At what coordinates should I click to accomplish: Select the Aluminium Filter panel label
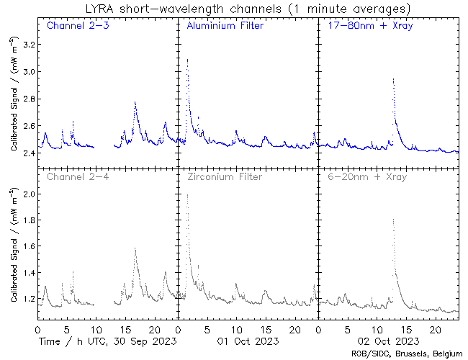(x=225, y=27)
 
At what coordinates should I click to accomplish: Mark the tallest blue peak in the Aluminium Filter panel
(x=187, y=60)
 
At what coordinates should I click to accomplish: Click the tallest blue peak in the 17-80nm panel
(x=393, y=79)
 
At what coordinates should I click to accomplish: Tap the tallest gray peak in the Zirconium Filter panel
(x=187, y=195)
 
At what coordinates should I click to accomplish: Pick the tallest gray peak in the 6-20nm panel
(x=393, y=220)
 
